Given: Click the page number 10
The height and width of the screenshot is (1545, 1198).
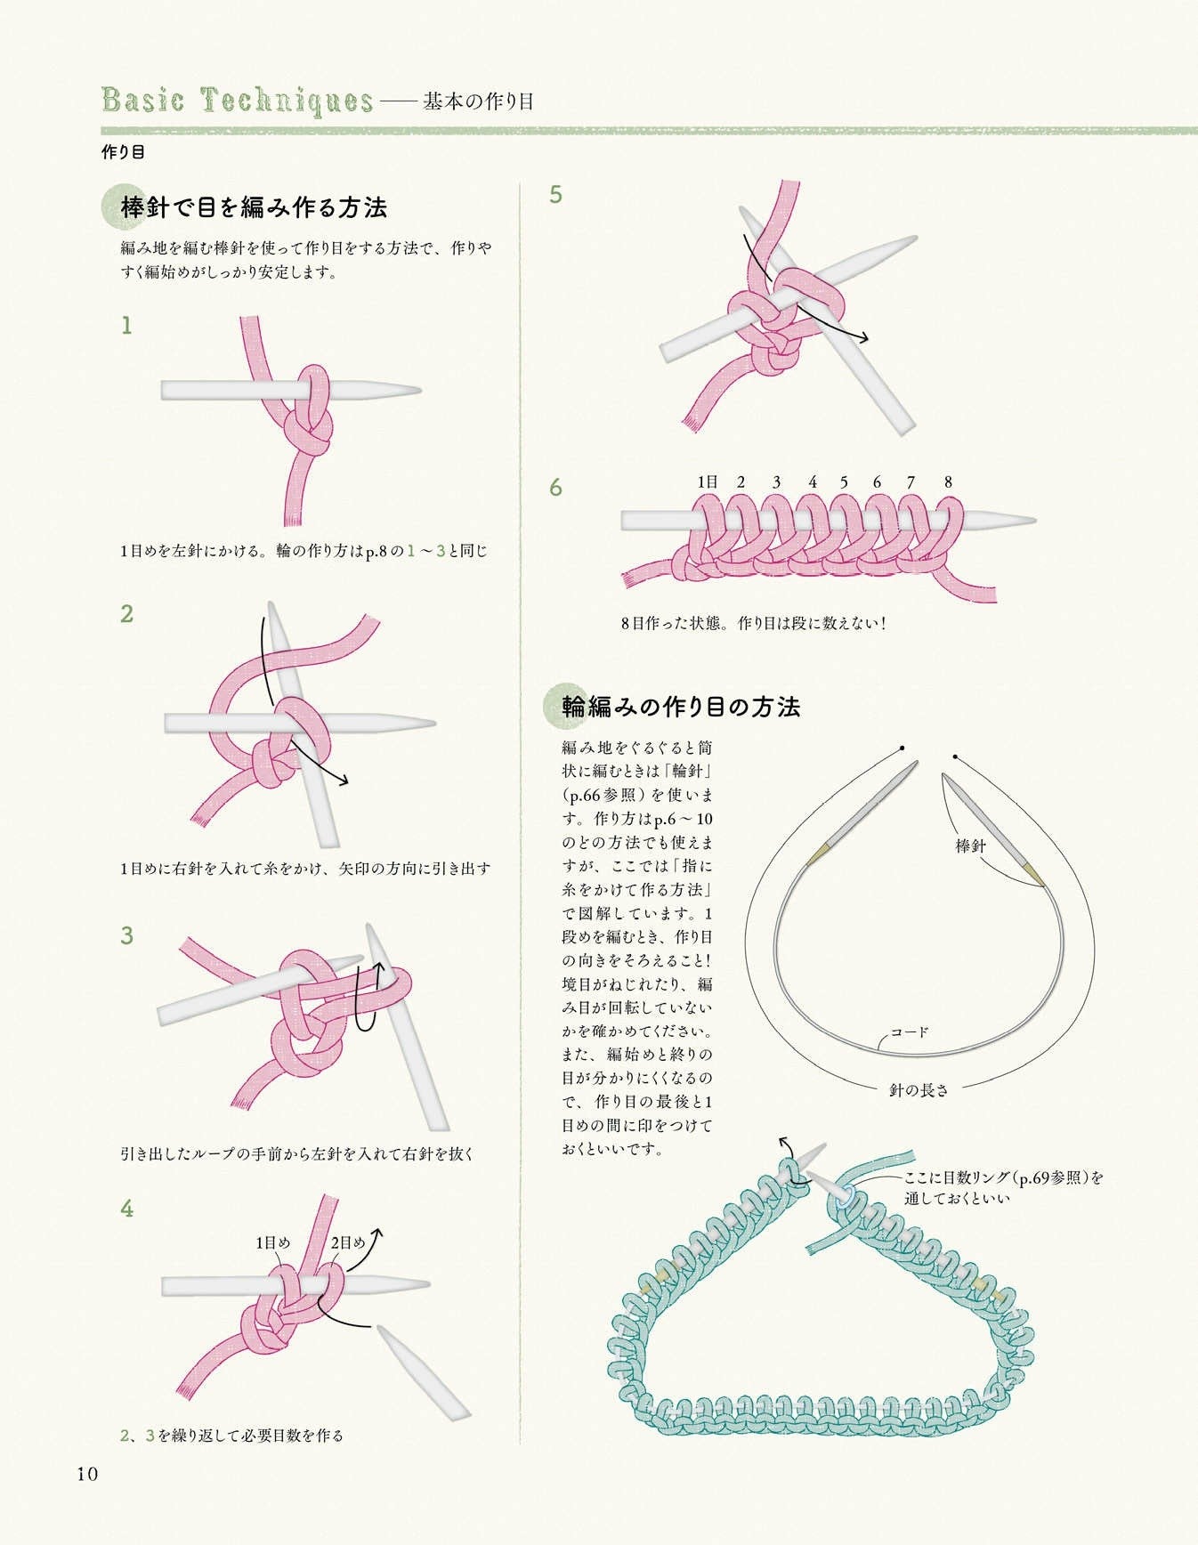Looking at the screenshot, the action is tap(87, 1474).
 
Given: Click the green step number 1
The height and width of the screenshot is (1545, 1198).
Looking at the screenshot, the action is tap(126, 327).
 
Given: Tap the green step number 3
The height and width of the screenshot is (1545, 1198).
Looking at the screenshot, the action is tap(127, 935).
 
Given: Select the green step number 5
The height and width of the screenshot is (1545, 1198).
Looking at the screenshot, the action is tap(556, 195).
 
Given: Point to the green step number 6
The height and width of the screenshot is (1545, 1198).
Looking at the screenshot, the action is tap(556, 488).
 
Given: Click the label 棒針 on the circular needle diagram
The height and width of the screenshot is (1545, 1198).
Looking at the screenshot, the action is tap(970, 845).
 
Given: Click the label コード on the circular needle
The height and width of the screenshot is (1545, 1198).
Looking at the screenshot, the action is tap(910, 1032).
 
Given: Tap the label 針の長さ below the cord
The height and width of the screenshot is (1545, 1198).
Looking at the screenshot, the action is tap(919, 1089).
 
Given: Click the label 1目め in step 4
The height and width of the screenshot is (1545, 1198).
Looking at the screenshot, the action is tap(273, 1242).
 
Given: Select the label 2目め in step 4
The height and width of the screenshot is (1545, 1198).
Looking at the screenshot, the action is tap(348, 1242).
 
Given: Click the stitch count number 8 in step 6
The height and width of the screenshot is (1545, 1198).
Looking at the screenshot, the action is tap(949, 482).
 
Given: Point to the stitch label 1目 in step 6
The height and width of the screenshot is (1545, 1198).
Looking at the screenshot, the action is tap(708, 482).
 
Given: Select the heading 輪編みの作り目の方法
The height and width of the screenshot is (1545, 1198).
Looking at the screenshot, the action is tap(682, 708).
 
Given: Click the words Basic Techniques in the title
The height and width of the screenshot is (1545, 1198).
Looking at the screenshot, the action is tap(238, 101).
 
